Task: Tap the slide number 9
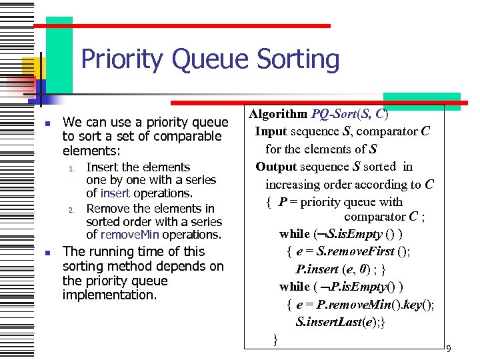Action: click(449, 349)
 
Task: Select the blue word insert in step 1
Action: click(115, 193)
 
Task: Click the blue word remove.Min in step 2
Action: click(131, 235)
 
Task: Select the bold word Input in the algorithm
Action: click(271, 131)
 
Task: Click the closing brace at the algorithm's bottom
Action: click(275, 339)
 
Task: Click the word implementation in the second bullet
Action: click(110, 294)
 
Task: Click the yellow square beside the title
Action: click(30, 67)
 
